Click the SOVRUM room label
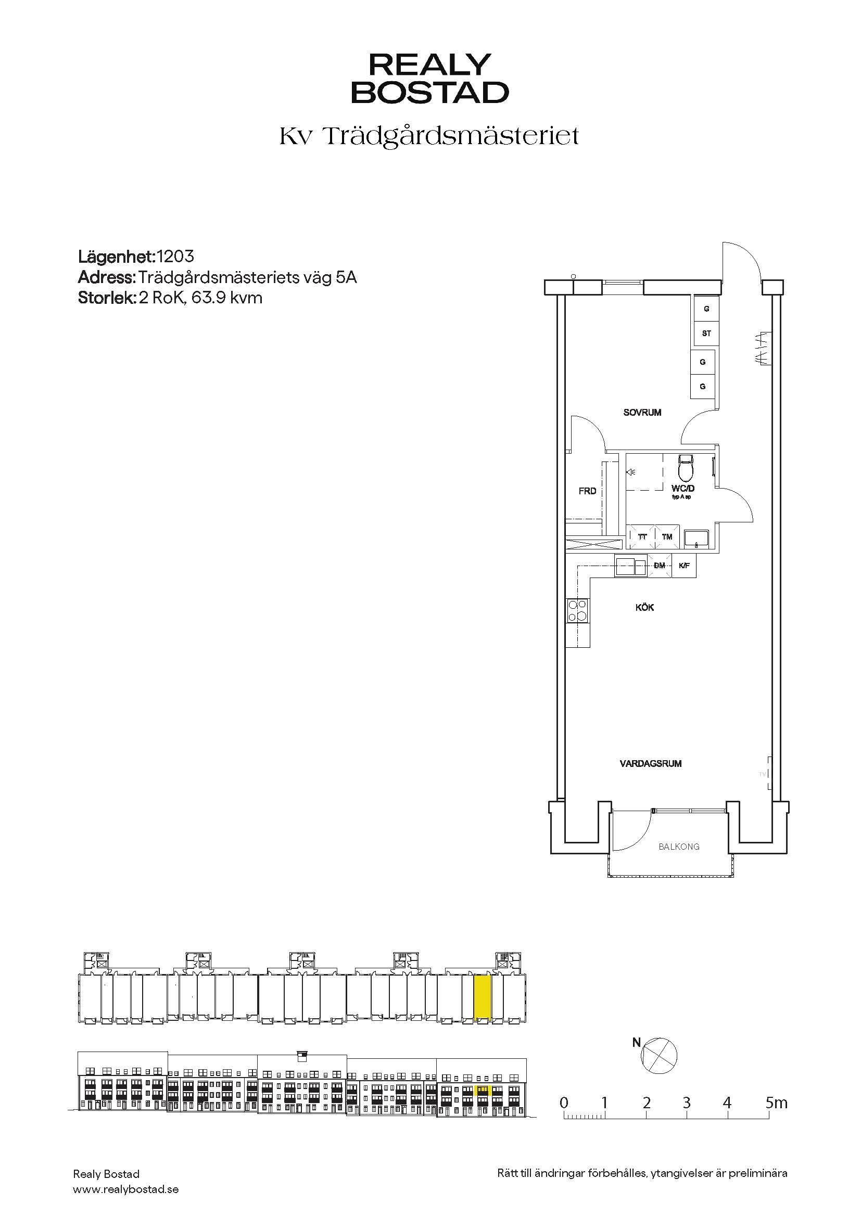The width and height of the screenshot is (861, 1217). click(642, 413)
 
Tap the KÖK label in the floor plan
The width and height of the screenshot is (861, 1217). click(644, 607)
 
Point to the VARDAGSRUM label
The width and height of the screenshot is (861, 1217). click(651, 764)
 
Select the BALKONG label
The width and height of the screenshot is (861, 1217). click(679, 847)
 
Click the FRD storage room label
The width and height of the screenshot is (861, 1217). click(587, 491)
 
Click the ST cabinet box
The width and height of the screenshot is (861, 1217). click(706, 334)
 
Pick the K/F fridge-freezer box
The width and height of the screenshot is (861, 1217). click(684, 566)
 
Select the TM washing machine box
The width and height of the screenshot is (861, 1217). click(667, 537)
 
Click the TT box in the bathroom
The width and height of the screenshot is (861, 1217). click(642, 537)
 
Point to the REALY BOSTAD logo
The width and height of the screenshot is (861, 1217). click(430, 78)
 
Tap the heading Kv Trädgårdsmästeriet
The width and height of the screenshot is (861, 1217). click(429, 137)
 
